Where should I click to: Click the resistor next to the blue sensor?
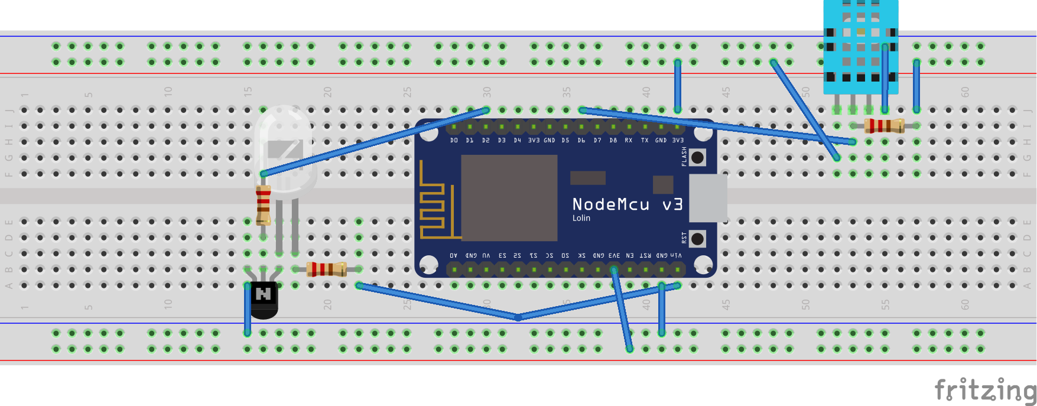884,125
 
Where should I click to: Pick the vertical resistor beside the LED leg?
264,204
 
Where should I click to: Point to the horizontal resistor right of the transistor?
326,269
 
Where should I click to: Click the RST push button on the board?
697,238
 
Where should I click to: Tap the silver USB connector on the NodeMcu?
708,198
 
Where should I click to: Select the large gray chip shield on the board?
509,198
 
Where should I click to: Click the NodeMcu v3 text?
627,204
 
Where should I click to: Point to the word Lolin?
581,218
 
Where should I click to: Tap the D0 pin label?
454,141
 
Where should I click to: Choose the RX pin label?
629,141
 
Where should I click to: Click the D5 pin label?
565,141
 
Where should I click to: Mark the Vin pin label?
677,255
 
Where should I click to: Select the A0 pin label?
453,255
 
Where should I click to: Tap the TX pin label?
645,141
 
